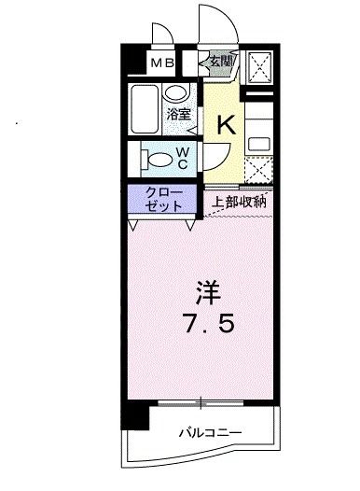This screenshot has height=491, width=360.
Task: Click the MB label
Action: pos(162,64)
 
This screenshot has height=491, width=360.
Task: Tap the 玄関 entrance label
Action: pos(221,63)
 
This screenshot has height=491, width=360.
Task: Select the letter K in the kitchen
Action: pos(225,124)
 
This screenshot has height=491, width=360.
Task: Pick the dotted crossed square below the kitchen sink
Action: pos(258,172)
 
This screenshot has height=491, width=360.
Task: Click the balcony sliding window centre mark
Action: pos(201,403)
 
